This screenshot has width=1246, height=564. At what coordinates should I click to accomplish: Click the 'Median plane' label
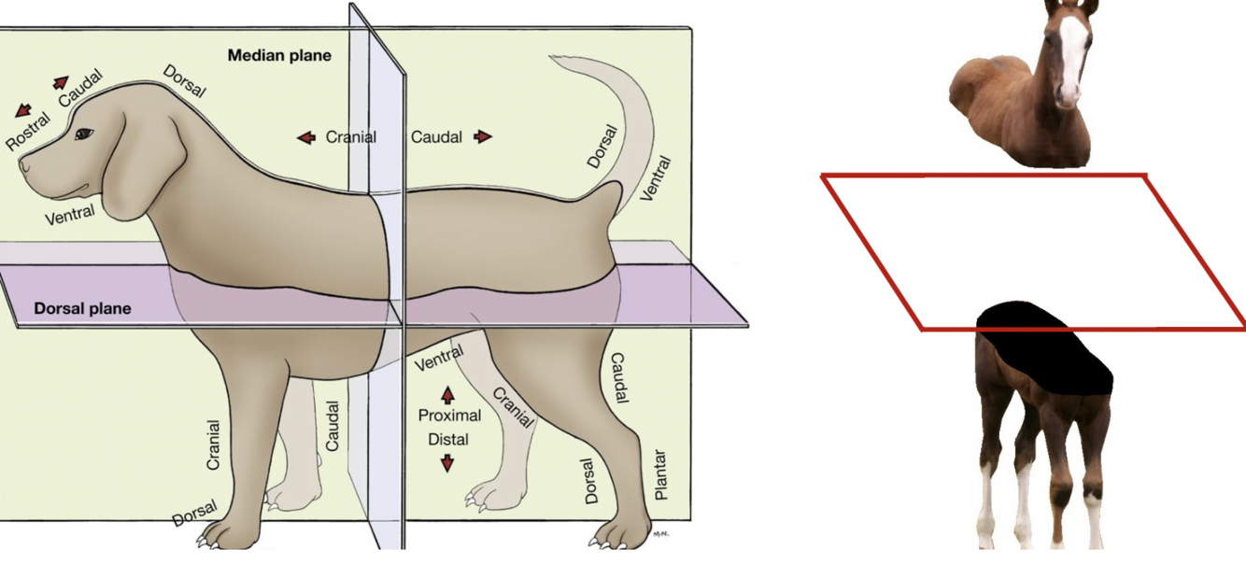click(279, 56)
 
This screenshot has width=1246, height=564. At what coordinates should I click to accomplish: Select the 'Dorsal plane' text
click(82, 308)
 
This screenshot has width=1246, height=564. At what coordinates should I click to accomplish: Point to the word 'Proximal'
click(449, 416)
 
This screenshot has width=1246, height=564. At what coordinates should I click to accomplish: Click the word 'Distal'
click(448, 439)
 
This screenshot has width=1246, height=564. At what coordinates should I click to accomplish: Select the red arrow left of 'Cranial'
click(306, 137)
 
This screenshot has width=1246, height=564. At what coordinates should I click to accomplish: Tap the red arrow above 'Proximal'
click(447, 392)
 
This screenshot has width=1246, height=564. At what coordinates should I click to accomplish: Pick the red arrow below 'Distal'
click(447, 462)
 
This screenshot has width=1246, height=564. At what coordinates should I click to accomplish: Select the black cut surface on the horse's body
click(1046, 350)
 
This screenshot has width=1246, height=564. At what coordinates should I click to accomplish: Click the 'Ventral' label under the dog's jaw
click(70, 215)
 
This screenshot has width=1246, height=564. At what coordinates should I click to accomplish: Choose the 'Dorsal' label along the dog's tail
click(602, 147)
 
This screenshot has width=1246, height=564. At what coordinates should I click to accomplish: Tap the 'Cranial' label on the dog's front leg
click(213, 444)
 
